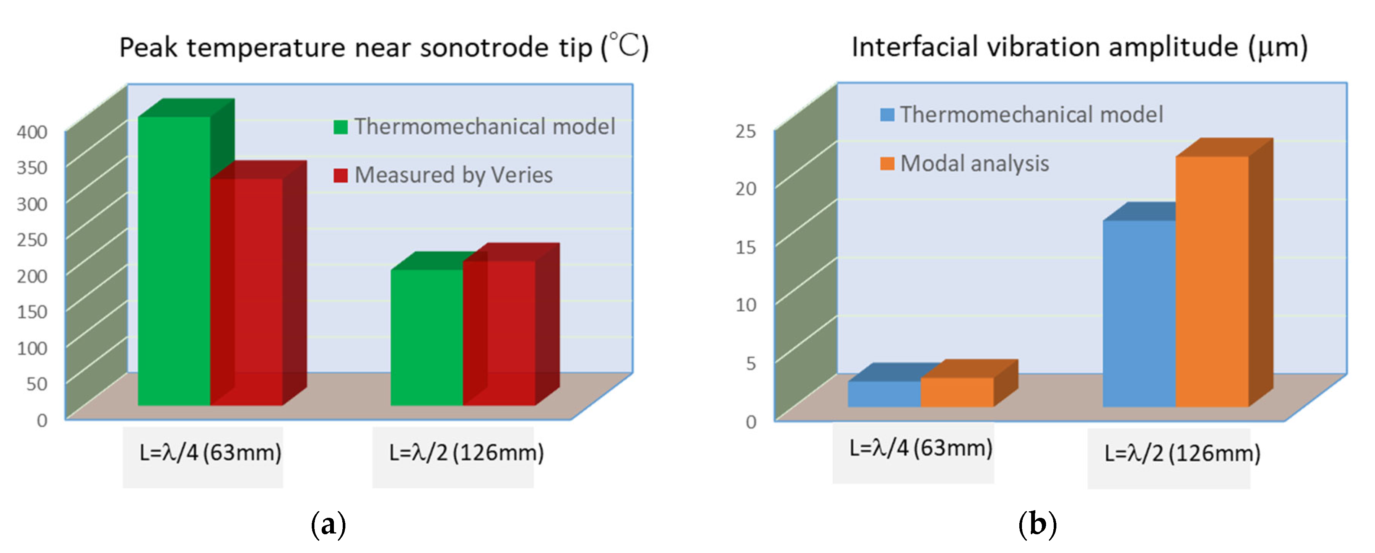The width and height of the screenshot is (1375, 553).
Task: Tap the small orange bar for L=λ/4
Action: (x=957, y=392)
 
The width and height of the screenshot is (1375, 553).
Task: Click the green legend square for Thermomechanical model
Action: (x=340, y=127)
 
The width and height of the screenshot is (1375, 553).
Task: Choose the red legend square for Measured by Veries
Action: (x=340, y=176)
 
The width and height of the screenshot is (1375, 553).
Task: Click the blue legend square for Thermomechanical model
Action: (x=887, y=115)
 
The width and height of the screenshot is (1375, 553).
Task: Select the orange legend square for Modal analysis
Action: (x=887, y=163)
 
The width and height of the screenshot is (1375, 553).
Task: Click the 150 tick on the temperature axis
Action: (x=32, y=312)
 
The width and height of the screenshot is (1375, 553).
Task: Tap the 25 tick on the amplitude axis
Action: (x=746, y=131)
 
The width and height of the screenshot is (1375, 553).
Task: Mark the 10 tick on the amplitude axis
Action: (x=746, y=305)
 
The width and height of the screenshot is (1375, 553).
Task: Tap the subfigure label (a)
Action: (x=328, y=525)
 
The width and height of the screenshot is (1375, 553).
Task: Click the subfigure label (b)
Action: (x=1037, y=525)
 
